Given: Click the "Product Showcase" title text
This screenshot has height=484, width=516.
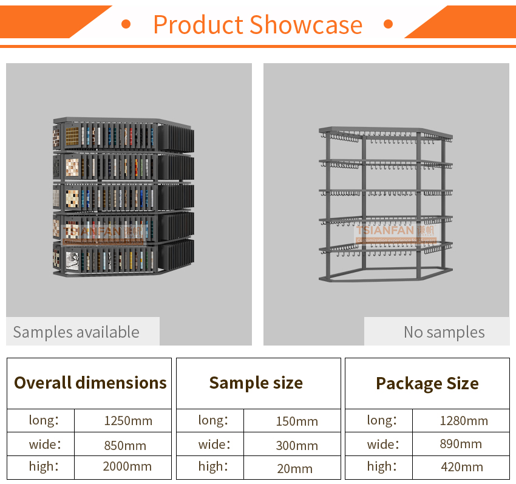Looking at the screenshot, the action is (257, 24).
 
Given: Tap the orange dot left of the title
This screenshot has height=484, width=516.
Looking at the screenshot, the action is (126, 24).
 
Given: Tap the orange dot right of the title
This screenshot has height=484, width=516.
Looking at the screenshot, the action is (389, 24).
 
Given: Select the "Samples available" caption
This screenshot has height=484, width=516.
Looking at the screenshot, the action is (76, 332).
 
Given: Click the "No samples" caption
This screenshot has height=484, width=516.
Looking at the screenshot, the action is (444, 332).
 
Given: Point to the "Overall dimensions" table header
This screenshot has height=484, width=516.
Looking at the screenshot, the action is (90, 383).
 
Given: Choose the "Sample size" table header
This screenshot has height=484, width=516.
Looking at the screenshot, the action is (256, 383).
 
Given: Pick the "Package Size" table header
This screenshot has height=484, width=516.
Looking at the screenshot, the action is (427, 384).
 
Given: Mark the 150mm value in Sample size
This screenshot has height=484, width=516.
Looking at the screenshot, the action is (297, 421).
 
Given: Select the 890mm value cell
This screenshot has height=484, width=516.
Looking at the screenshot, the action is (461, 444).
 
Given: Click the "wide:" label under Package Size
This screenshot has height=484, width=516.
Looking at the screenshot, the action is (382, 445).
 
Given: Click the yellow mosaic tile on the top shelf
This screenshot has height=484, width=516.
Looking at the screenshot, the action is (72, 136).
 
